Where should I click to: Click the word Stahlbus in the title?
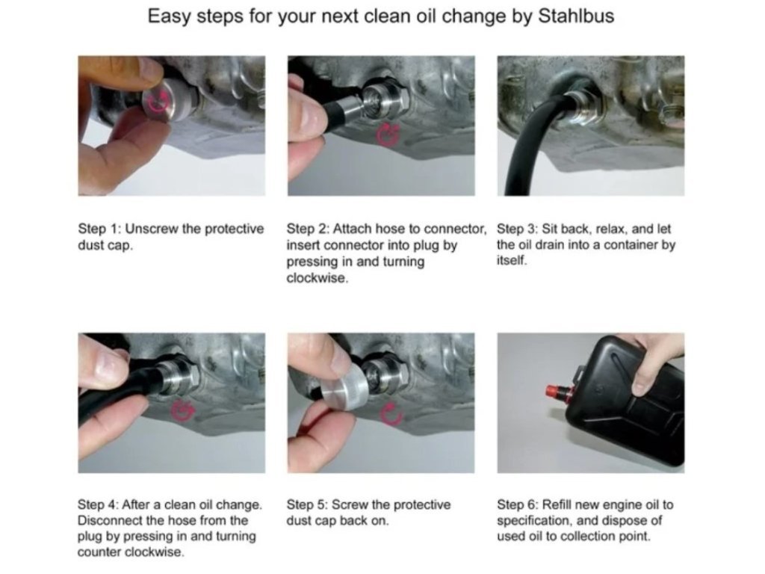(576, 16)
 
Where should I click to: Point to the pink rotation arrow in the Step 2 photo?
(388, 135)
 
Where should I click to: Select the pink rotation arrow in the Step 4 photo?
(183, 411)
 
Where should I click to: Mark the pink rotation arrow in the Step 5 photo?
(392, 416)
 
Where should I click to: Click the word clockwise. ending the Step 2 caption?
(317, 278)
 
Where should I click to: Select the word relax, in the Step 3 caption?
(612, 229)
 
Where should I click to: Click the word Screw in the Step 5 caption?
(350, 504)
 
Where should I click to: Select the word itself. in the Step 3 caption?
(512, 261)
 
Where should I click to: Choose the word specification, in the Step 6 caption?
(535, 521)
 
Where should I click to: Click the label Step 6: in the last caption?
(518, 504)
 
